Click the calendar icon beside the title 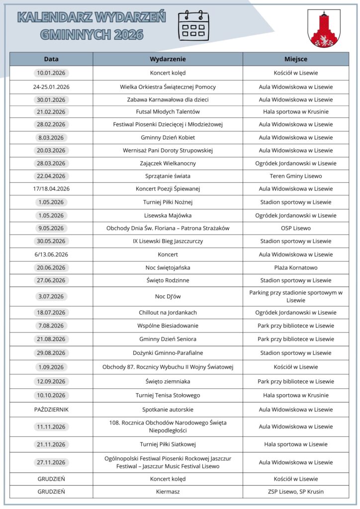(x=193, y=25)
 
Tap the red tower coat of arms (x=324, y=28)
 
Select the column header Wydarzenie (x=168, y=59)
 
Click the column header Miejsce (x=295, y=59)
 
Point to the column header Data (x=51, y=59)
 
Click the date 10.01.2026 (x=51, y=73)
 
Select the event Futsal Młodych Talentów (x=168, y=112)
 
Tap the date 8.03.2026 (x=51, y=138)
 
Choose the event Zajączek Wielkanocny (x=168, y=164)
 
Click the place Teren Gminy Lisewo (x=295, y=176)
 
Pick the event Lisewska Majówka (x=168, y=216)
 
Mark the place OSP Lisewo (x=295, y=229)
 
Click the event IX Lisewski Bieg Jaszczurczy (x=168, y=242)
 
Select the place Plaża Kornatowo (x=295, y=268)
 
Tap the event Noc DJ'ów (x=168, y=297)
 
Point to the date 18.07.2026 (x=51, y=313)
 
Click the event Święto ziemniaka (x=168, y=382)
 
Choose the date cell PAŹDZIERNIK (x=51, y=410)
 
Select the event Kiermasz (x=168, y=492)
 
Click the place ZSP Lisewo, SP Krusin (x=295, y=492)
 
